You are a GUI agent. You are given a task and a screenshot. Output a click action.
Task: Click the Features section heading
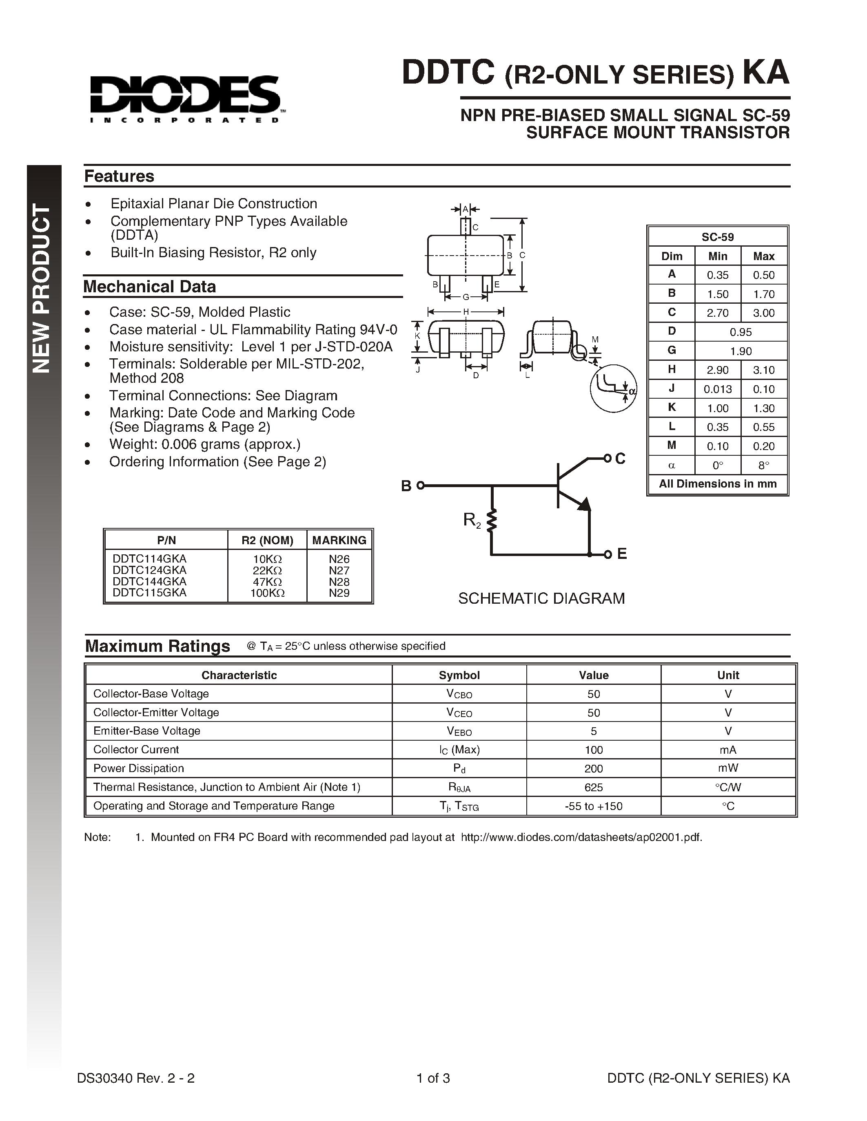click(119, 176)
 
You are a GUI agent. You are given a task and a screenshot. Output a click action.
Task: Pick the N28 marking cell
click(339, 582)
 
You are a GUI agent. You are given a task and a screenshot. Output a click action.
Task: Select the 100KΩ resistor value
click(267, 593)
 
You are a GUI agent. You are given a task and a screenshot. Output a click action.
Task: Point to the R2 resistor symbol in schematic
click(492, 521)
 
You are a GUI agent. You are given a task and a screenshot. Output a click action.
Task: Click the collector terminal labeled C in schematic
click(619, 458)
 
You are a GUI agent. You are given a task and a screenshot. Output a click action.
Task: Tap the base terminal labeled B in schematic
click(406, 485)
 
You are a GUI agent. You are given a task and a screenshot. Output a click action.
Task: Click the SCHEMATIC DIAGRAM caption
click(541, 598)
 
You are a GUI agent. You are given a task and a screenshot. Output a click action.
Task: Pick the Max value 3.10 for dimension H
click(763, 370)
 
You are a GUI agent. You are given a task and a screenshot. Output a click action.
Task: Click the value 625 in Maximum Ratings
click(593, 787)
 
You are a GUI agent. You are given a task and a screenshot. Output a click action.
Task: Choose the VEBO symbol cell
click(459, 731)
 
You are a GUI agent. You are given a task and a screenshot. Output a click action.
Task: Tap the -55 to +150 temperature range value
click(593, 806)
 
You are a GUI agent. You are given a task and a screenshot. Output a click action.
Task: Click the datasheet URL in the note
click(581, 837)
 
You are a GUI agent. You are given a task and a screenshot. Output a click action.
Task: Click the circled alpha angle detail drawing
click(613, 388)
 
